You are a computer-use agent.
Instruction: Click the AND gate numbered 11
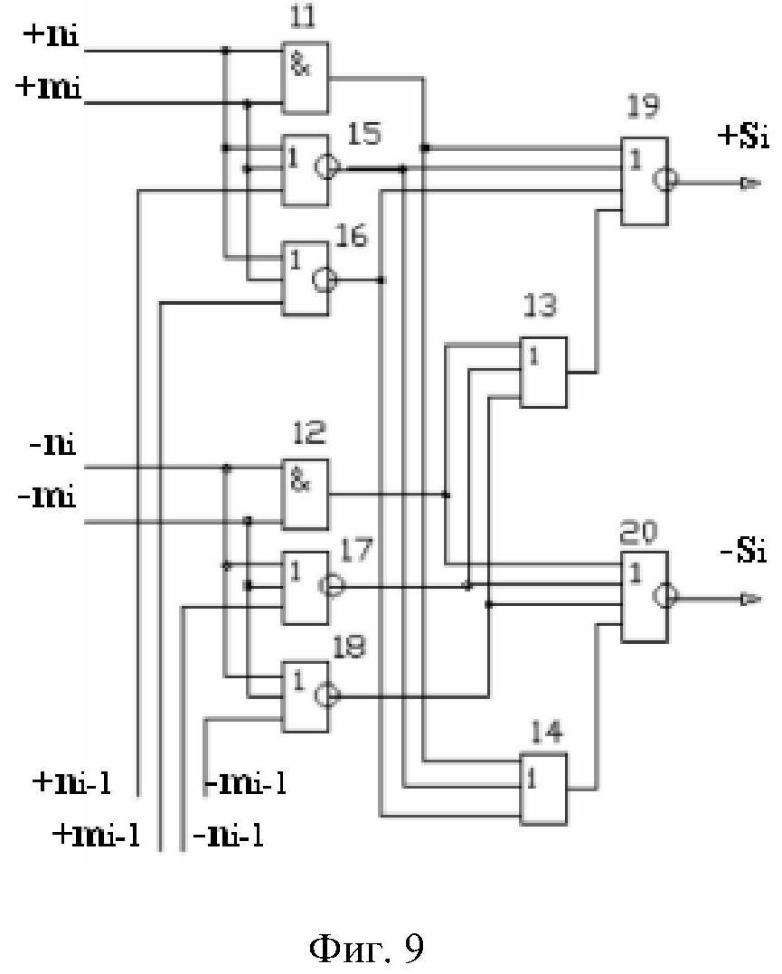305,78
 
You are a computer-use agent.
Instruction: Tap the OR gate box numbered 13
543,371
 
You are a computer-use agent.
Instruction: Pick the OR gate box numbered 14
543,789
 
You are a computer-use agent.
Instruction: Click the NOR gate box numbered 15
305,169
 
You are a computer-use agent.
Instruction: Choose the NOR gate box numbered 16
305,279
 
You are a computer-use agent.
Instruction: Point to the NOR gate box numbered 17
305,587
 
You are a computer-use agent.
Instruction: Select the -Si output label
743,552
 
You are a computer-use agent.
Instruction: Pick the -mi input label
48,497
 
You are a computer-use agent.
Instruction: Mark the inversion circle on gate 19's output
666,182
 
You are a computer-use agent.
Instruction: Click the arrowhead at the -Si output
747,598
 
